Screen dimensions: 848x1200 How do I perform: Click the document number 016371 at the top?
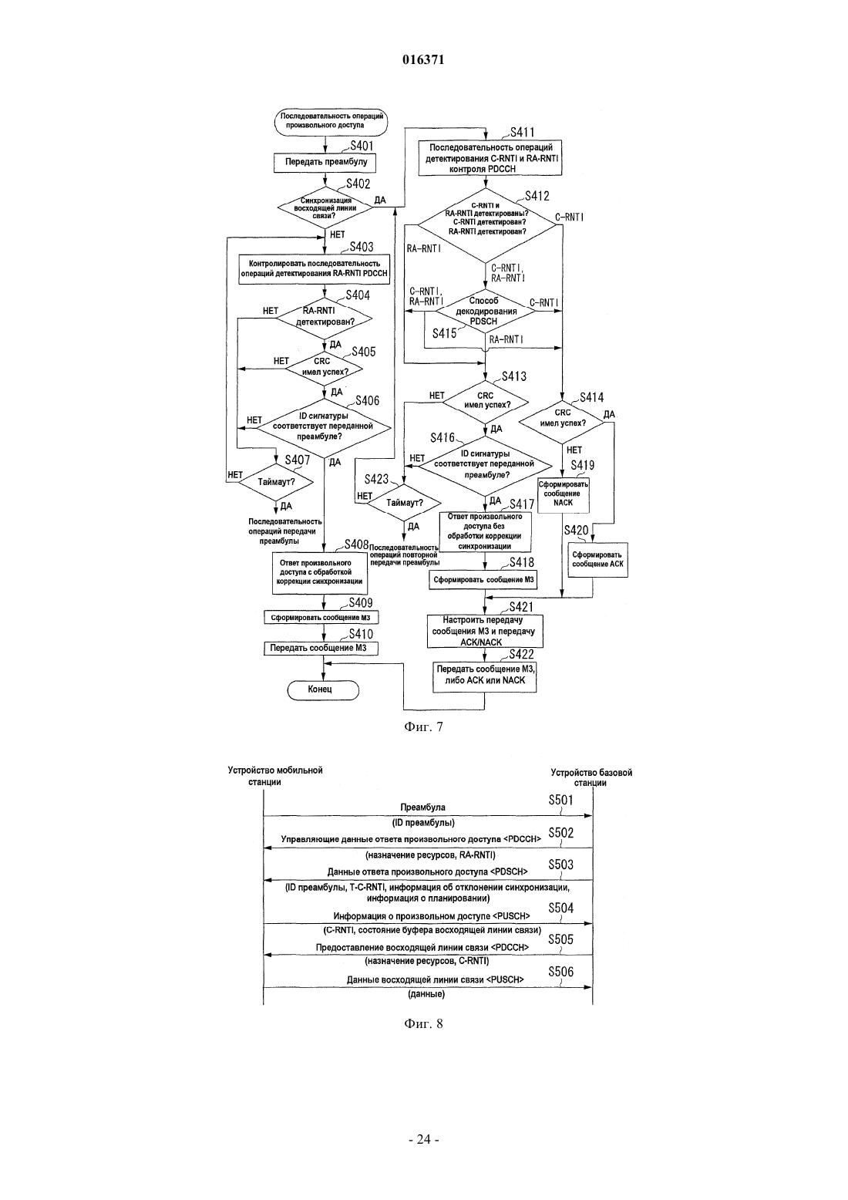(423, 59)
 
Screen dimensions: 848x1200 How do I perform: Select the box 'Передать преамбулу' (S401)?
(325, 162)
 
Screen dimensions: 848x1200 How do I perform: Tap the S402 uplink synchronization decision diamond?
(325, 207)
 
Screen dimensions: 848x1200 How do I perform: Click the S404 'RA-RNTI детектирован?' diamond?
(325, 319)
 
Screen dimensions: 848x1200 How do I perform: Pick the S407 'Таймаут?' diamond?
(276, 482)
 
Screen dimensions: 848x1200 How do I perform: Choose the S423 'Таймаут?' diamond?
(404, 503)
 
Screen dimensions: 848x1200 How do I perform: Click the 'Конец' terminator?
(323, 690)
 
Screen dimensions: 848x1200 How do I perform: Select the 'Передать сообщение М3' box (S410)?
(321, 649)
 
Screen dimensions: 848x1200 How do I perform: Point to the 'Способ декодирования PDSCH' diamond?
(484, 312)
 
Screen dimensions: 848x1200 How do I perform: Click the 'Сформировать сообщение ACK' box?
(597, 561)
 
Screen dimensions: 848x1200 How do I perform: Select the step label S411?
(522, 132)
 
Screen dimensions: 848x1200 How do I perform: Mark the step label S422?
(521, 654)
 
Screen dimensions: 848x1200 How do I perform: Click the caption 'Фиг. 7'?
(423, 727)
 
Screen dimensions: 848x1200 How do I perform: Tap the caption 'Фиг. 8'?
(423, 1023)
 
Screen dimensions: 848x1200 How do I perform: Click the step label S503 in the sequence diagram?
(560, 865)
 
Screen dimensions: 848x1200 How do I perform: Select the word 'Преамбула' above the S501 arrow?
(422, 807)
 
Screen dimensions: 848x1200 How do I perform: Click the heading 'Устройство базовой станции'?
(591, 777)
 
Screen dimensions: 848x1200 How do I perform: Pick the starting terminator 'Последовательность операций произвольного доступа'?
(331, 120)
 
